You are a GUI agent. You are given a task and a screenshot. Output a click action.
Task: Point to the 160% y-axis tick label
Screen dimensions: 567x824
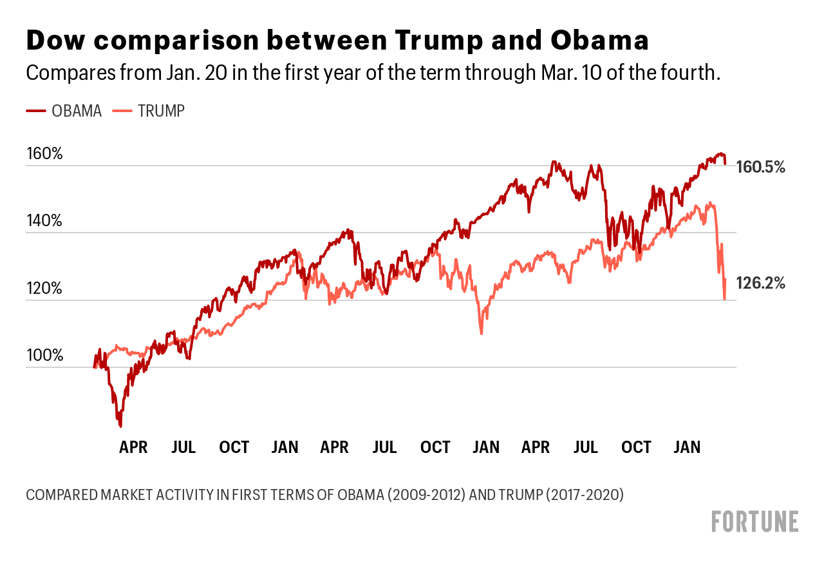click(44, 154)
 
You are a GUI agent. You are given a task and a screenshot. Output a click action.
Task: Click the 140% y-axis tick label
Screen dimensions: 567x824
click(44, 221)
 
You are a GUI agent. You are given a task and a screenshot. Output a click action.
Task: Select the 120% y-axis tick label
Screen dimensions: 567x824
click(44, 289)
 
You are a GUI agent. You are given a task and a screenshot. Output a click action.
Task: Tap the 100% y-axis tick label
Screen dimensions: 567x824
click(44, 356)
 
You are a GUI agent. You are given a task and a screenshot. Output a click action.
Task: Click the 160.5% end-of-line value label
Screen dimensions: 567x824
click(761, 168)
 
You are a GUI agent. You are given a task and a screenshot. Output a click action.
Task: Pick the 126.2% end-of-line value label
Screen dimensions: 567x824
click(761, 283)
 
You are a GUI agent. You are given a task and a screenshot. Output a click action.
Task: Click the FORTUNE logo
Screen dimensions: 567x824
click(755, 521)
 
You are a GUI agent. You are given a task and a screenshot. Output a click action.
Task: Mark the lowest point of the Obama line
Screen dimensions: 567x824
click(120, 426)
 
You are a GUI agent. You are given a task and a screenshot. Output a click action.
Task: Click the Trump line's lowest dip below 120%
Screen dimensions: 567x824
click(481, 332)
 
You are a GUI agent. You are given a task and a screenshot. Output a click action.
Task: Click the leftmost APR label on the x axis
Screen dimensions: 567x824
click(133, 447)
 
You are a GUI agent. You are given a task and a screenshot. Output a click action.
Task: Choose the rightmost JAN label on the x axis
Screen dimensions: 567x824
click(687, 447)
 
